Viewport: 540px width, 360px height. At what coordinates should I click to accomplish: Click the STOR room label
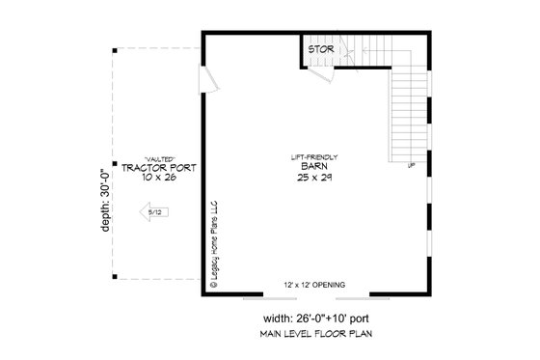pos(322,46)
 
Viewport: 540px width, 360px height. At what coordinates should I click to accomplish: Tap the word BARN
pos(309,167)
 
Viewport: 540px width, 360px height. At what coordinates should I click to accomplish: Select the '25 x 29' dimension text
pos(309,179)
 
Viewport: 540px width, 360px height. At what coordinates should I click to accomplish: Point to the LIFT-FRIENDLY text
pos(309,156)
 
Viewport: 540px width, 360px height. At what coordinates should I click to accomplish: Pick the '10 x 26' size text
pos(159,179)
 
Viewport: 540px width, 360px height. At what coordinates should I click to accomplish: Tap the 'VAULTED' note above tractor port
pos(159,157)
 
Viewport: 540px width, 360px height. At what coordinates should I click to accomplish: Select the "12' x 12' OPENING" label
pos(310,284)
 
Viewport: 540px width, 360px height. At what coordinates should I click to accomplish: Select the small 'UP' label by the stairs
pos(413,167)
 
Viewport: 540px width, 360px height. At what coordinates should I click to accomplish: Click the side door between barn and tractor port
pos(205,80)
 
